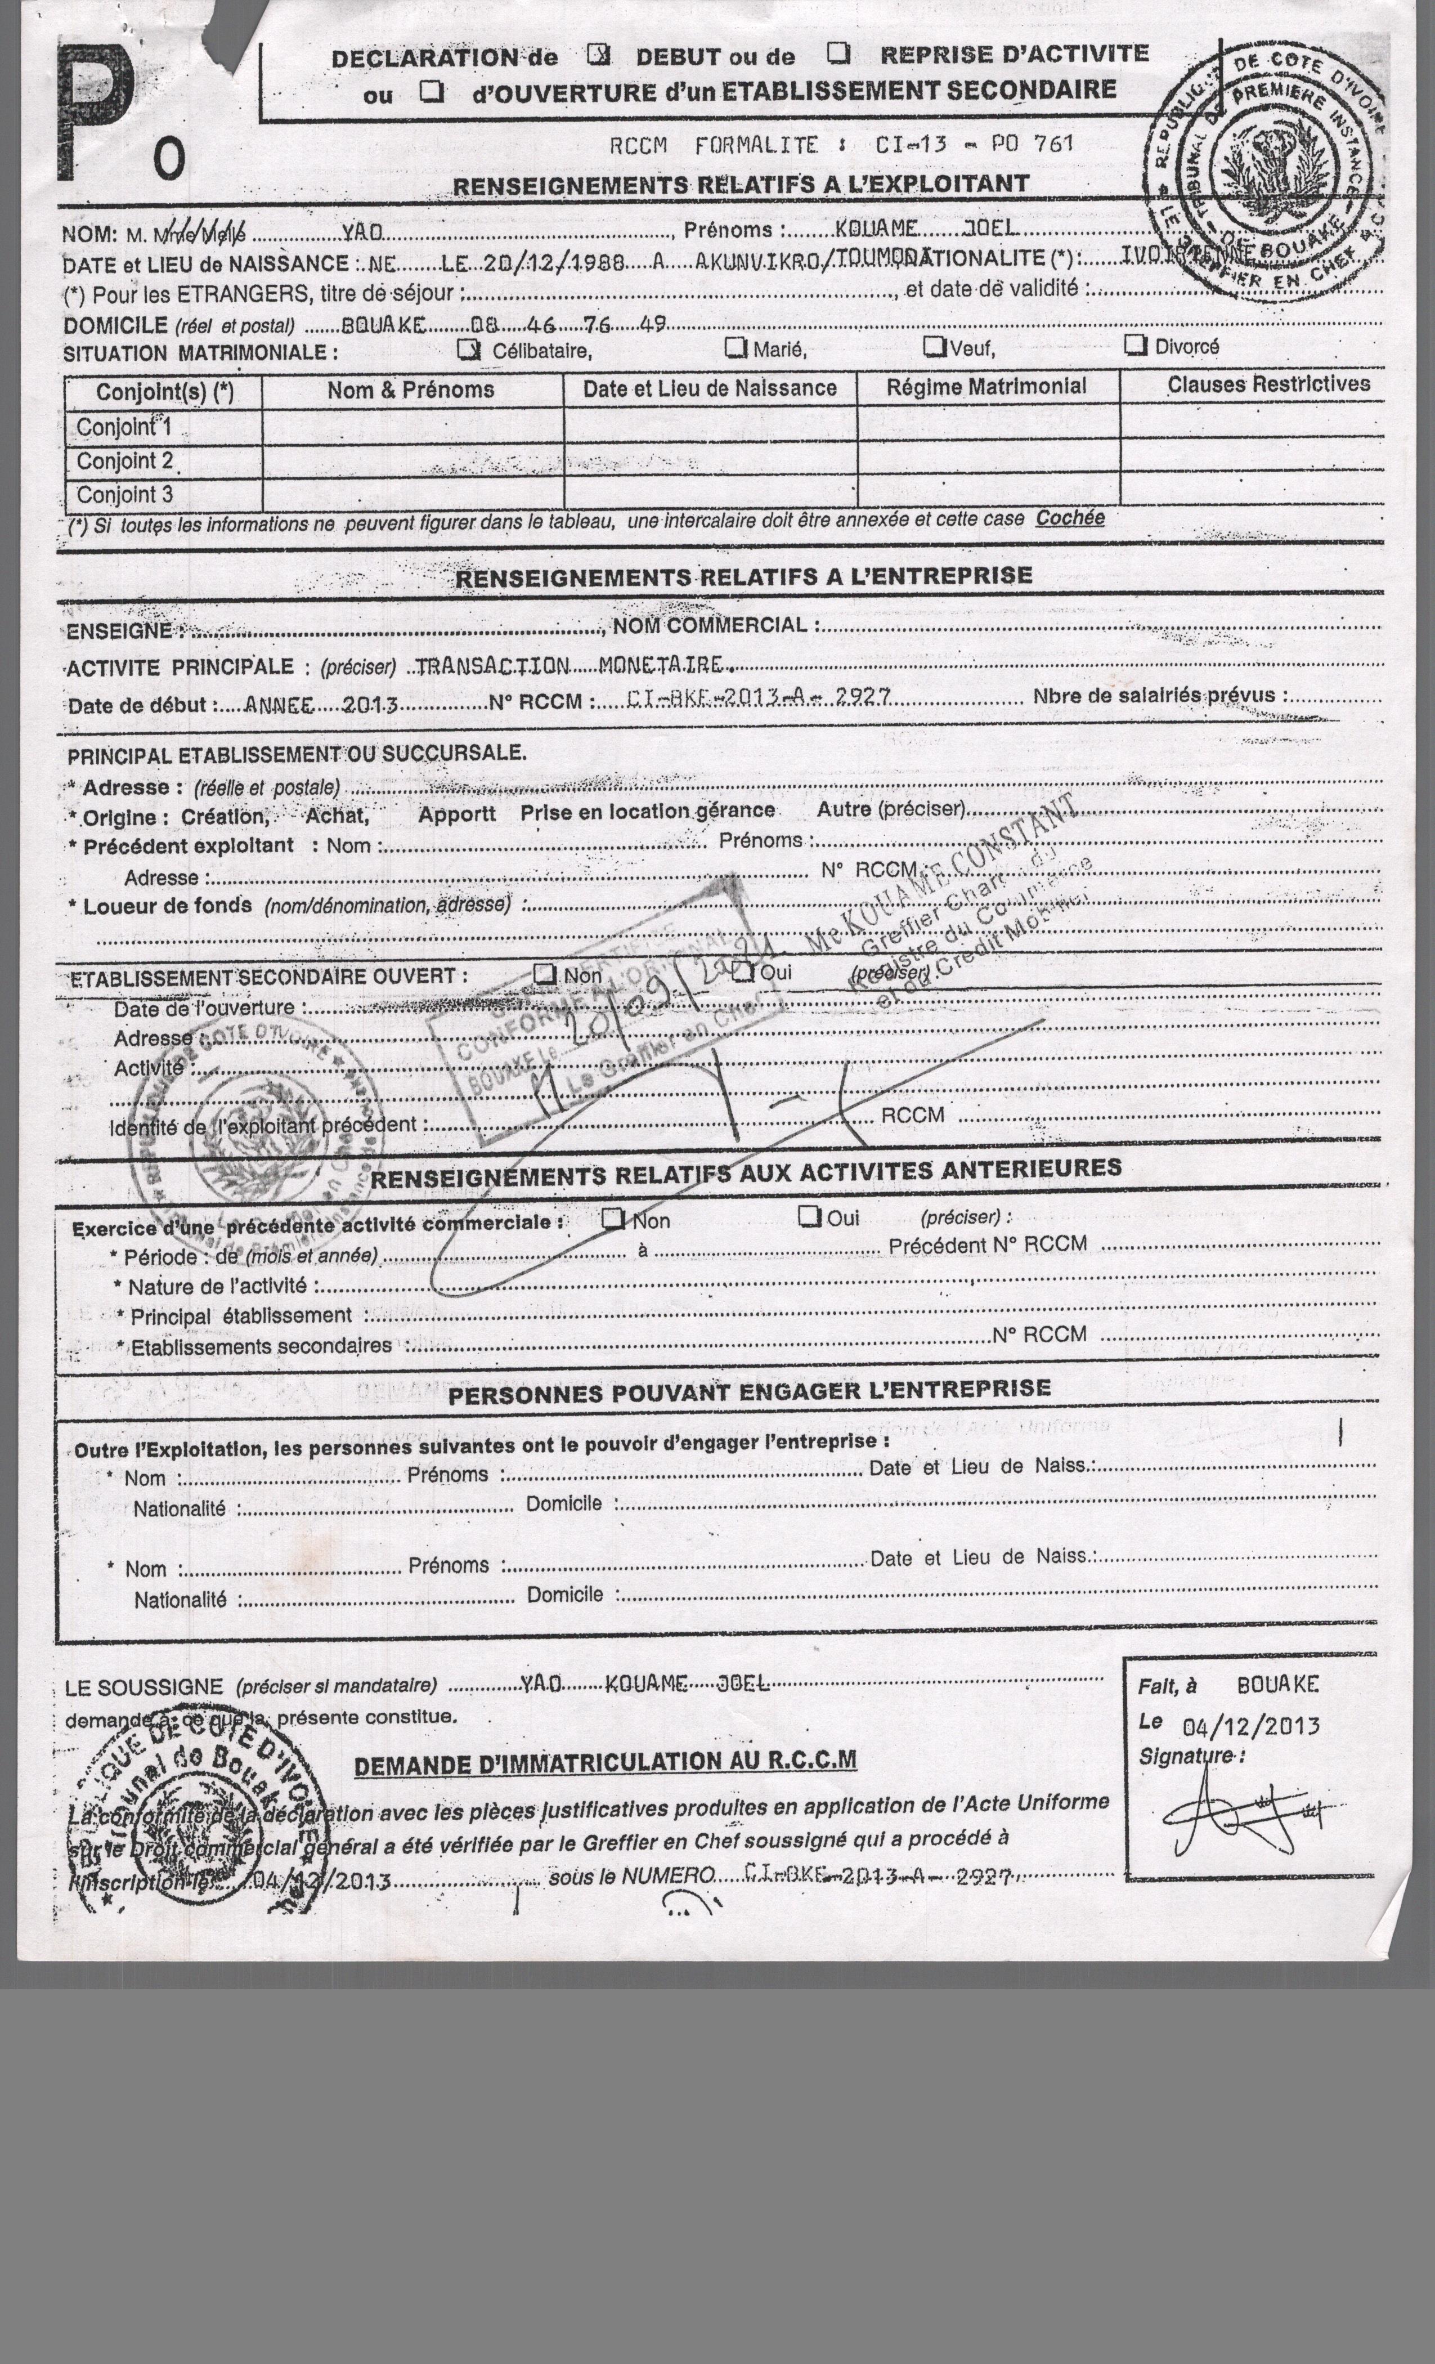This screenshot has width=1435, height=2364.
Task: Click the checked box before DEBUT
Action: click(x=598, y=55)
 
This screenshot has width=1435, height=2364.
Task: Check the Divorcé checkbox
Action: click(x=1136, y=344)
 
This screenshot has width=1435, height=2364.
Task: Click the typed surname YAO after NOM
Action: click(x=362, y=232)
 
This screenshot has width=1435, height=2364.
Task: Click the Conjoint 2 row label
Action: click(x=125, y=462)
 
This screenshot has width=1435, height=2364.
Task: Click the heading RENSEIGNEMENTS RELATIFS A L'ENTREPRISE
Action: click(x=743, y=576)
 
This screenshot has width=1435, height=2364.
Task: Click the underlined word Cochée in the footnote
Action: click(x=1070, y=518)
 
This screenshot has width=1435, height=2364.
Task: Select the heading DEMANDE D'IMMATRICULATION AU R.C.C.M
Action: click(x=604, y=1762)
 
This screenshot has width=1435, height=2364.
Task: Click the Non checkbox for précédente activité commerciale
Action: click(x=612, y=1219)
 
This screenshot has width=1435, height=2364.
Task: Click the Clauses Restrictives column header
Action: click(x=1268, y=384)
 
